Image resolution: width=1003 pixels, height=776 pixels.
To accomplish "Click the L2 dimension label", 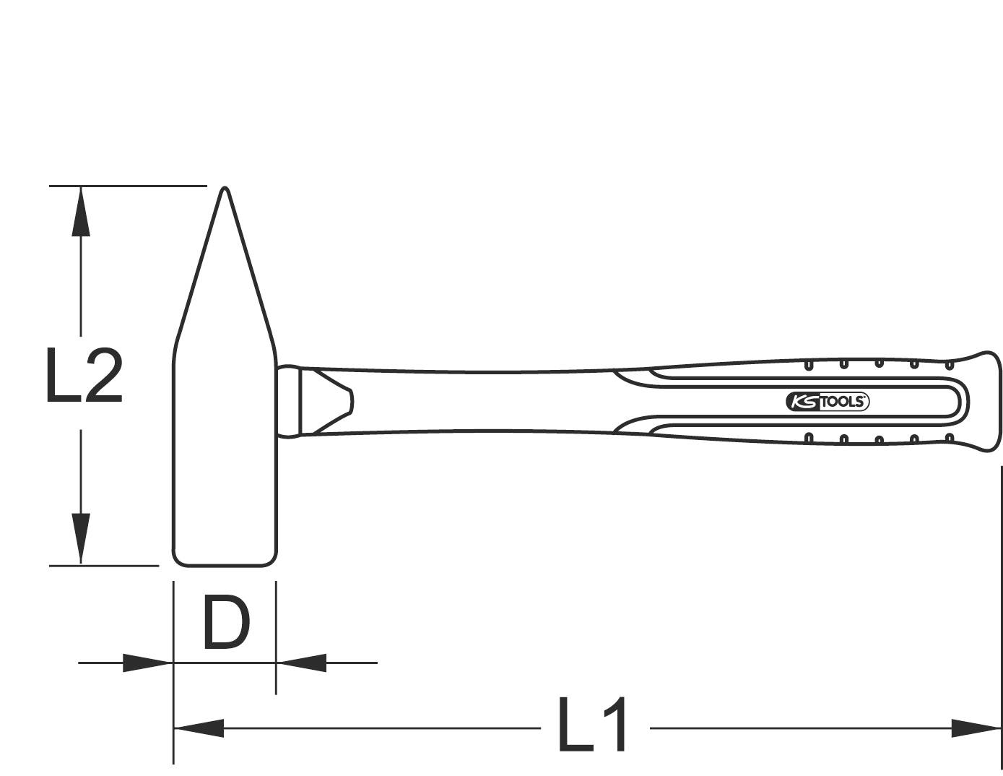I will (x=83, y=375).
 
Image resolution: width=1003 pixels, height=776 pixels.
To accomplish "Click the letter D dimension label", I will (x=225, y=621).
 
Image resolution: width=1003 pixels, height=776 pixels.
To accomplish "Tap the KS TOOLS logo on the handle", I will (x=827, y=402).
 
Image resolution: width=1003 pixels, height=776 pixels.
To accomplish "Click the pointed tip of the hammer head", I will (x=225, y=191).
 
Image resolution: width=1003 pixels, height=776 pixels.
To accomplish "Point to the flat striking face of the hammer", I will (x=224, y=562).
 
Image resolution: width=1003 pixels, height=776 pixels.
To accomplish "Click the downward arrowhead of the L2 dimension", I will (x=81, y=538).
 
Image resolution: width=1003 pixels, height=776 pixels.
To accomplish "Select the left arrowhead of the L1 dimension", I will (x=199, y=728).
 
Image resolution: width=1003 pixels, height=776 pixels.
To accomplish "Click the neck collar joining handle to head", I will (x=288, y=401).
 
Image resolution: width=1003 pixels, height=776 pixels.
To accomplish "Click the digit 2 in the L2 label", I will (x=103, y=375).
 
